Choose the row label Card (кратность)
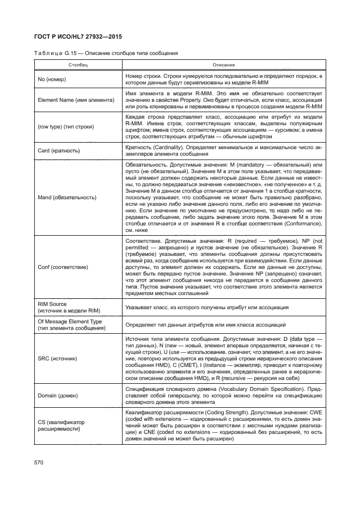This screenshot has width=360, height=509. pos(59,150)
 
